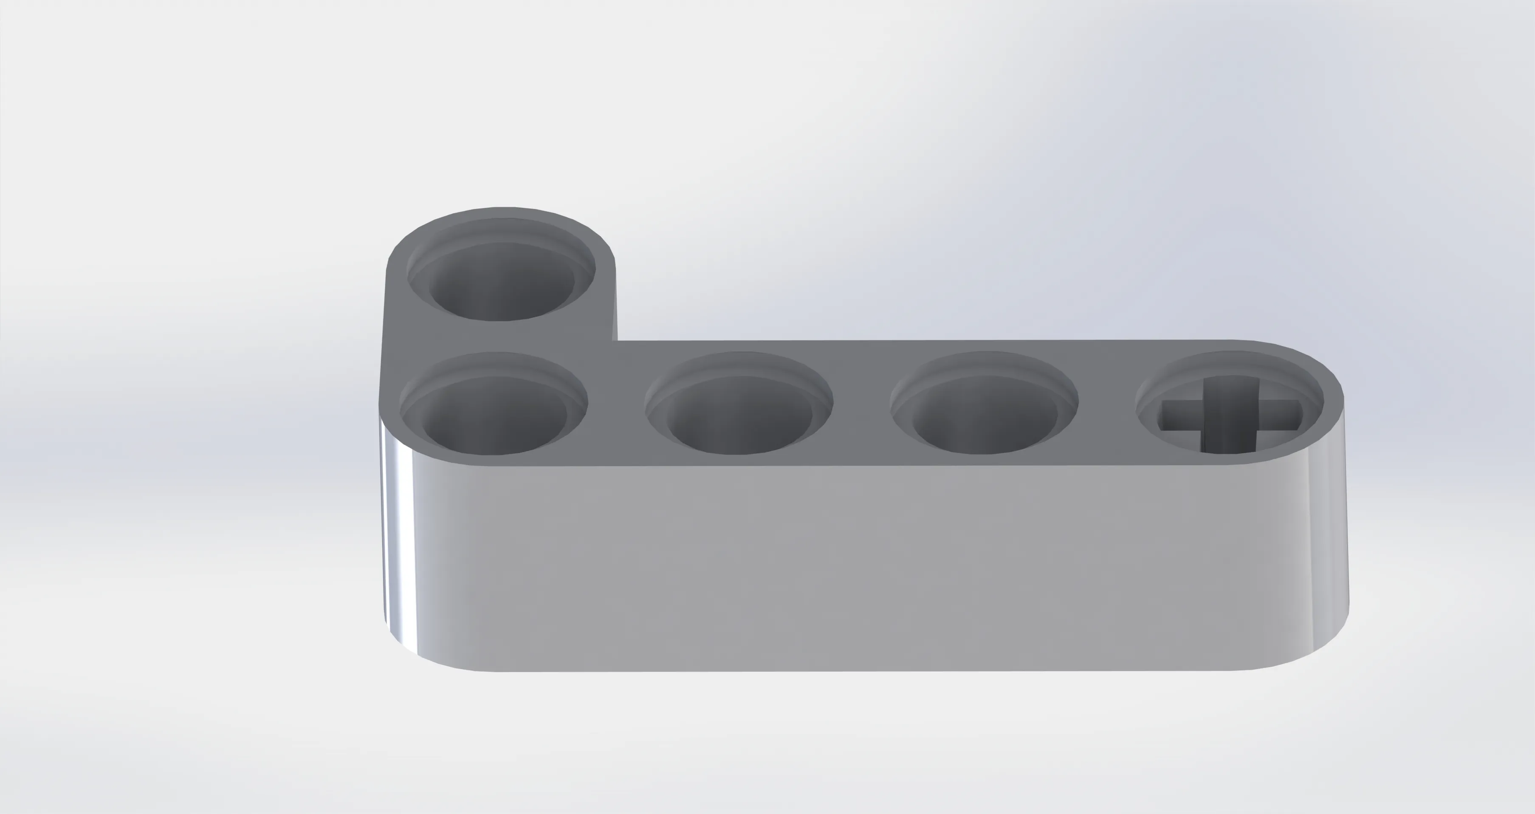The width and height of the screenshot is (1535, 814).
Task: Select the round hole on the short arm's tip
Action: coord(500,280)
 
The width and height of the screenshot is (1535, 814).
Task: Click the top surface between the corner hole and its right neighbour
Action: coord(616,405)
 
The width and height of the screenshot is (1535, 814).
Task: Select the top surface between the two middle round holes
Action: coord(862,405)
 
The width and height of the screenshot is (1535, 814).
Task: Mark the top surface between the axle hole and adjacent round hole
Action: coord(1107,405)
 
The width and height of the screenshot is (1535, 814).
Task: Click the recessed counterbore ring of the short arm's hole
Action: coord(500,229)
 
